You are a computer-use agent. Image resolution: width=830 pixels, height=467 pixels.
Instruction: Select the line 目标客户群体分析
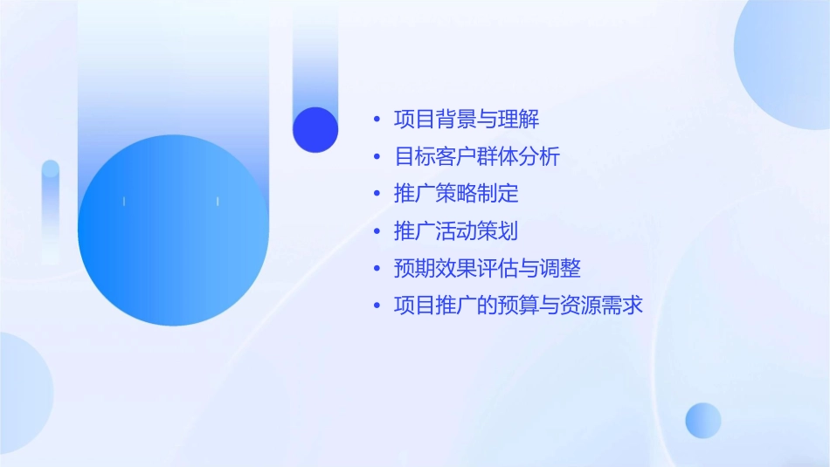pyautogui.click(x=477, y=157)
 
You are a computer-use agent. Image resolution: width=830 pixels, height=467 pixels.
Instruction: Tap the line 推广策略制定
pyautogui.click(x=457, y=194)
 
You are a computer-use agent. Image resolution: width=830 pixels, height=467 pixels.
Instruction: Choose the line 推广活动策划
pyautogui.click(x=457, y=231)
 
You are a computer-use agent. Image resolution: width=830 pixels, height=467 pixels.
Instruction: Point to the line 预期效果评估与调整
pyautogui.click(x=488, y=268)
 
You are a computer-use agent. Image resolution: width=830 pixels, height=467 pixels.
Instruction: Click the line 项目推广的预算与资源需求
pyautogui.click(x=519, y=306)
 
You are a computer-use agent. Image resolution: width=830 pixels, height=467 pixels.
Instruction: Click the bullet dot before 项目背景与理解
pyautogui.click(x=377, y=120)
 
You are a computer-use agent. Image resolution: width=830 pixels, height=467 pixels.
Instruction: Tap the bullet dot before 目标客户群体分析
pyautogui.click(x=377, y=157)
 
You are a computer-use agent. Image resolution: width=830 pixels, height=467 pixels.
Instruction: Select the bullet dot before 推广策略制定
pyautogui.click(x=377, y=194)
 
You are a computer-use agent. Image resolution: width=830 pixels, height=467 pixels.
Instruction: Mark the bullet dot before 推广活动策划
pyautogui.click(x=377, y=231)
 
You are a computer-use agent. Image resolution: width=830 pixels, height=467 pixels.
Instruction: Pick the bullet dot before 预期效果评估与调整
pyautogui.click(x=377, y=268)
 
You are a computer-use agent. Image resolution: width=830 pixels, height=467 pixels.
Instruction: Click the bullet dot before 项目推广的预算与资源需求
pyautogui.click(x=377, y=306)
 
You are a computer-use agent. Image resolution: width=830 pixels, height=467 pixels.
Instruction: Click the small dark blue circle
pyautogui.click(x=315, y=129)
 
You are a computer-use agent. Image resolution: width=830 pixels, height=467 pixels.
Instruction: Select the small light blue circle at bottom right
pyautogui.click(x=703, y=421)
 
